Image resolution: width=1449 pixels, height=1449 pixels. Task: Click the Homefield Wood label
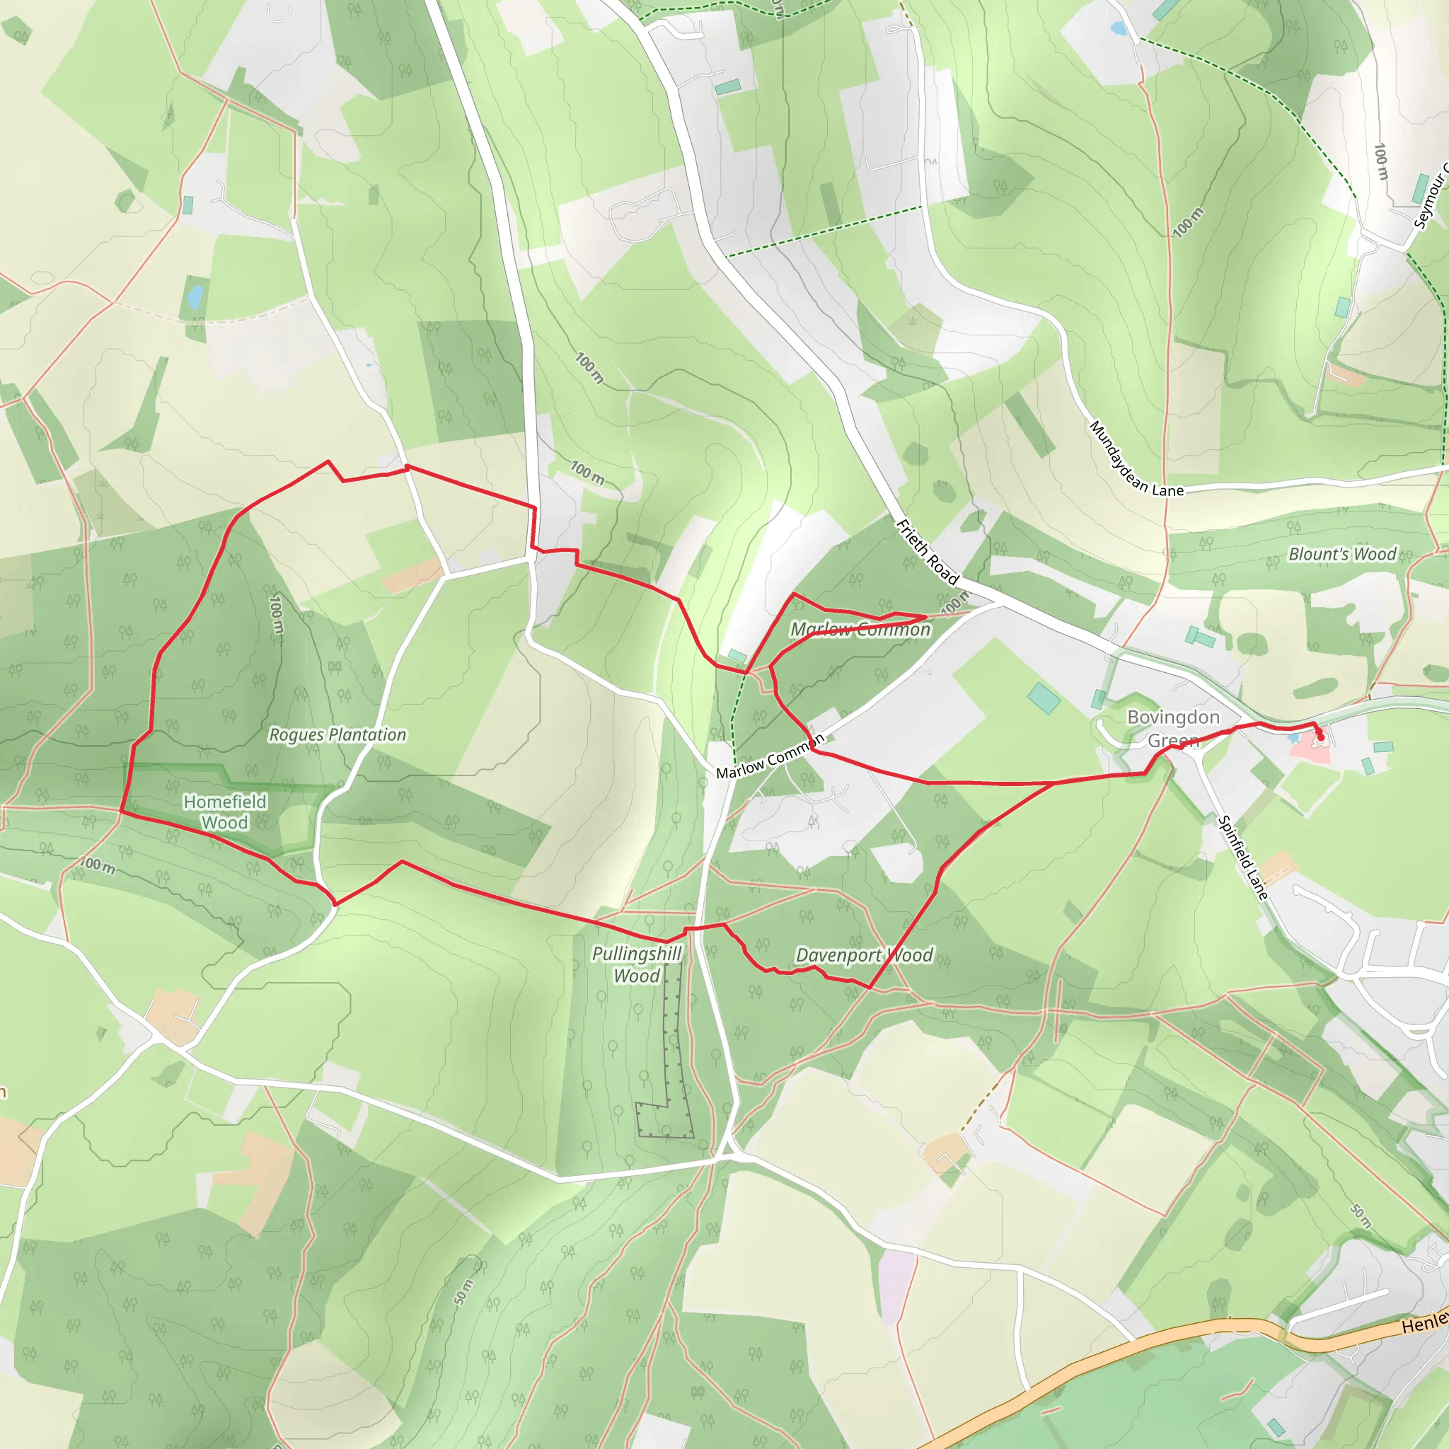pyautogui.click(x=225, y=812)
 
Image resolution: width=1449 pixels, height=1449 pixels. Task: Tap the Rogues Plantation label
pyautogui.click(x=337, y=735)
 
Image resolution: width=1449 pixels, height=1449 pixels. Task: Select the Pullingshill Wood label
pyautogui.click(x=636, y=964)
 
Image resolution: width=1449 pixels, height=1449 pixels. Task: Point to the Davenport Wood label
pyautogui.click(x=864, y=955)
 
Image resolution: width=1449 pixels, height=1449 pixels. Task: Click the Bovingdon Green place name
pyautogui.click(x=1173, y=728)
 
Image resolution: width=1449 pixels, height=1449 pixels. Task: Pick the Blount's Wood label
pyautogui.click(x=1341, y=554)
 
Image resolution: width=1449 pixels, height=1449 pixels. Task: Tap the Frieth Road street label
pyautogui.click(x=928, y=552)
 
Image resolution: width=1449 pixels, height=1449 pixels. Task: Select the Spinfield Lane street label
pyautogui.click(x=1242, y=858)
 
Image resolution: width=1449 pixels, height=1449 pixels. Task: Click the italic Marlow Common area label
pyautogui.click(x=860, y=629)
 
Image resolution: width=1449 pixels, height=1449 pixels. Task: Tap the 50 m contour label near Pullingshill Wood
pyautogui.click(x=464, y=1291)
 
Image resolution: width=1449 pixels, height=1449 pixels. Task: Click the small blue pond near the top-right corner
pyautogui.click(x=1119, y=29)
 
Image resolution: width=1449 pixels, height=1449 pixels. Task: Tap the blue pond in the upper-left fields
pyautogui.click(x=195, y=296)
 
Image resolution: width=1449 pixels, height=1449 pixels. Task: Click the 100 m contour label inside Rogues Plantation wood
pyautogui.click(x=277, y=615)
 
